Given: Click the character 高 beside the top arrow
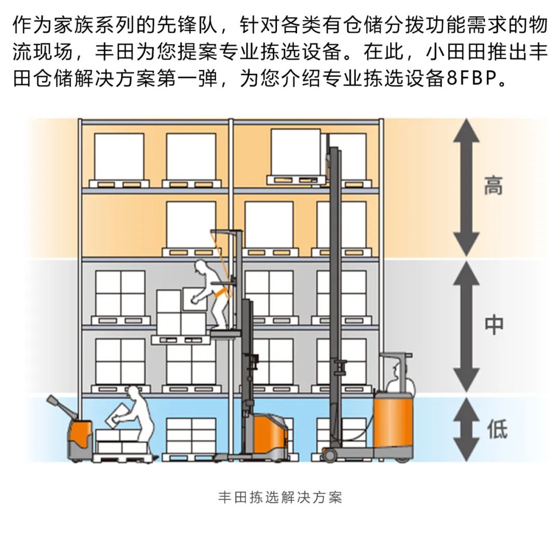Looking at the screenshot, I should [x=493, y=186].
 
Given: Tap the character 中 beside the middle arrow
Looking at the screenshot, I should [x=493, y=325].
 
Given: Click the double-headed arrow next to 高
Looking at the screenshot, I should [x=466, y=187].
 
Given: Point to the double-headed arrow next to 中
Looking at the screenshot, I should [x=466, y=326].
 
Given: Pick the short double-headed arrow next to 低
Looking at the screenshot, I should [x=466, y=429].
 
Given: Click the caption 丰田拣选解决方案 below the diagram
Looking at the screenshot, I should [x=280, y=498].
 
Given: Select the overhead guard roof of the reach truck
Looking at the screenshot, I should [x=396, y=355].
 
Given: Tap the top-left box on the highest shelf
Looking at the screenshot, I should [x=119, y=156].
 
